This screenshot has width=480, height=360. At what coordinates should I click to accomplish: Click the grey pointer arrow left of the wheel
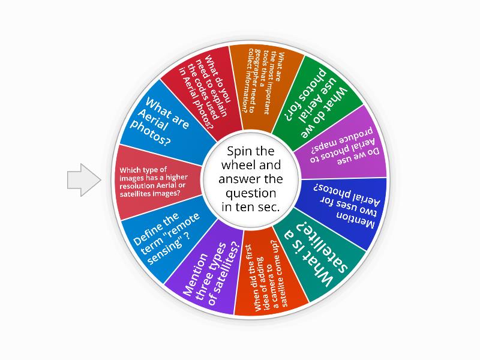click(83, 180)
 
